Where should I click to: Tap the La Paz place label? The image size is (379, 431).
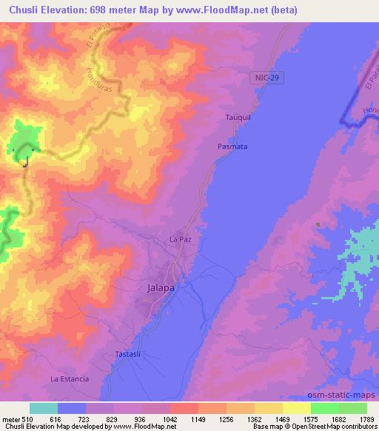coord(181,240)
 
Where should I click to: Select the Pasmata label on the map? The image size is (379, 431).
coord(232,147)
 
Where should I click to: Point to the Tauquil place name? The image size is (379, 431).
coord(238,118)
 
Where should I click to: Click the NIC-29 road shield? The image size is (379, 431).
coord(272,77)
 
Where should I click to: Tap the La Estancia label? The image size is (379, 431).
coord(70,378)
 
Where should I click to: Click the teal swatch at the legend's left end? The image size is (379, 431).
coord(43,408)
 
